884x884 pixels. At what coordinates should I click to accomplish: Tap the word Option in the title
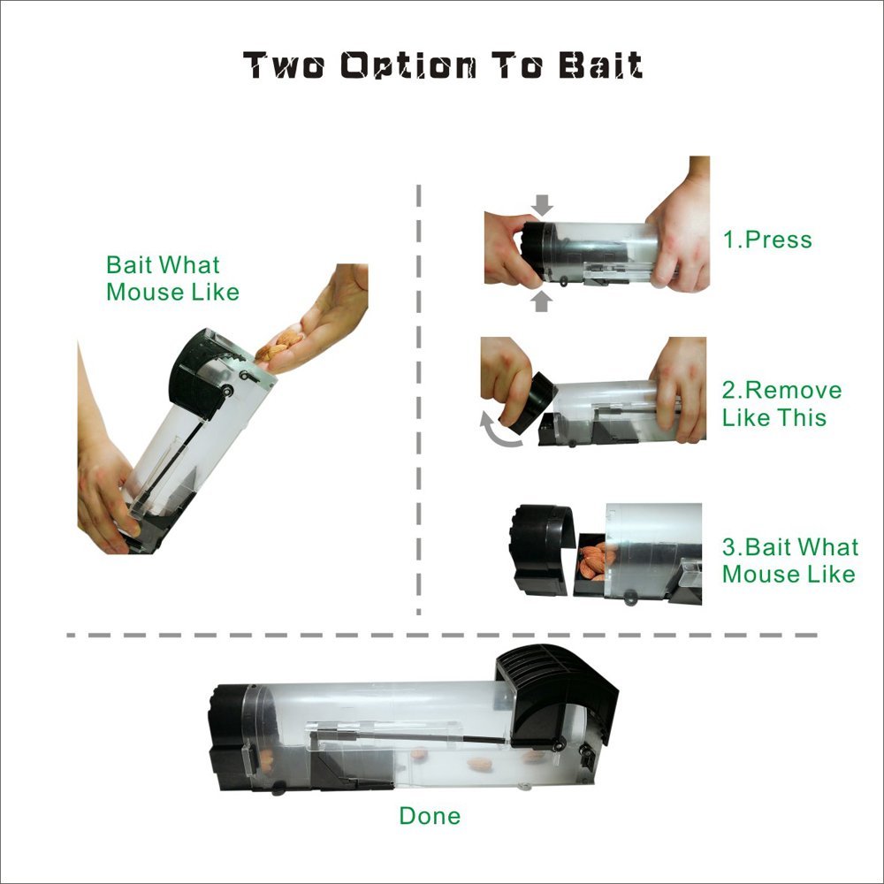[x=408, y=66]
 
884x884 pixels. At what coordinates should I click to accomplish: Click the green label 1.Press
[x=767, y=240]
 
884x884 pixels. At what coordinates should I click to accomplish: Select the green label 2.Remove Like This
[x=782, y=404]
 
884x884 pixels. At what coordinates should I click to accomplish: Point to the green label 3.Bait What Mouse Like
[x=790, y=560]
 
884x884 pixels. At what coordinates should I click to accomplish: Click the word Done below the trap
[x=430, y=816]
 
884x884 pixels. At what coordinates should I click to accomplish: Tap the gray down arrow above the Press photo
[x=543, y=205]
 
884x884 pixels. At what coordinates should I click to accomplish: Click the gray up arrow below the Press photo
[x=542, y=301]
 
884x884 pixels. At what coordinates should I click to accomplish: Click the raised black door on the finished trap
[x=555, y=693]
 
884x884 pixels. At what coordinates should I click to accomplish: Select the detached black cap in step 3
[x=541, y=550]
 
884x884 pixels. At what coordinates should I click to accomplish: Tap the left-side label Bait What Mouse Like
[x=172, y=278]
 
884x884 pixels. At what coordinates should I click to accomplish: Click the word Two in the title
[x=284, y=65]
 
